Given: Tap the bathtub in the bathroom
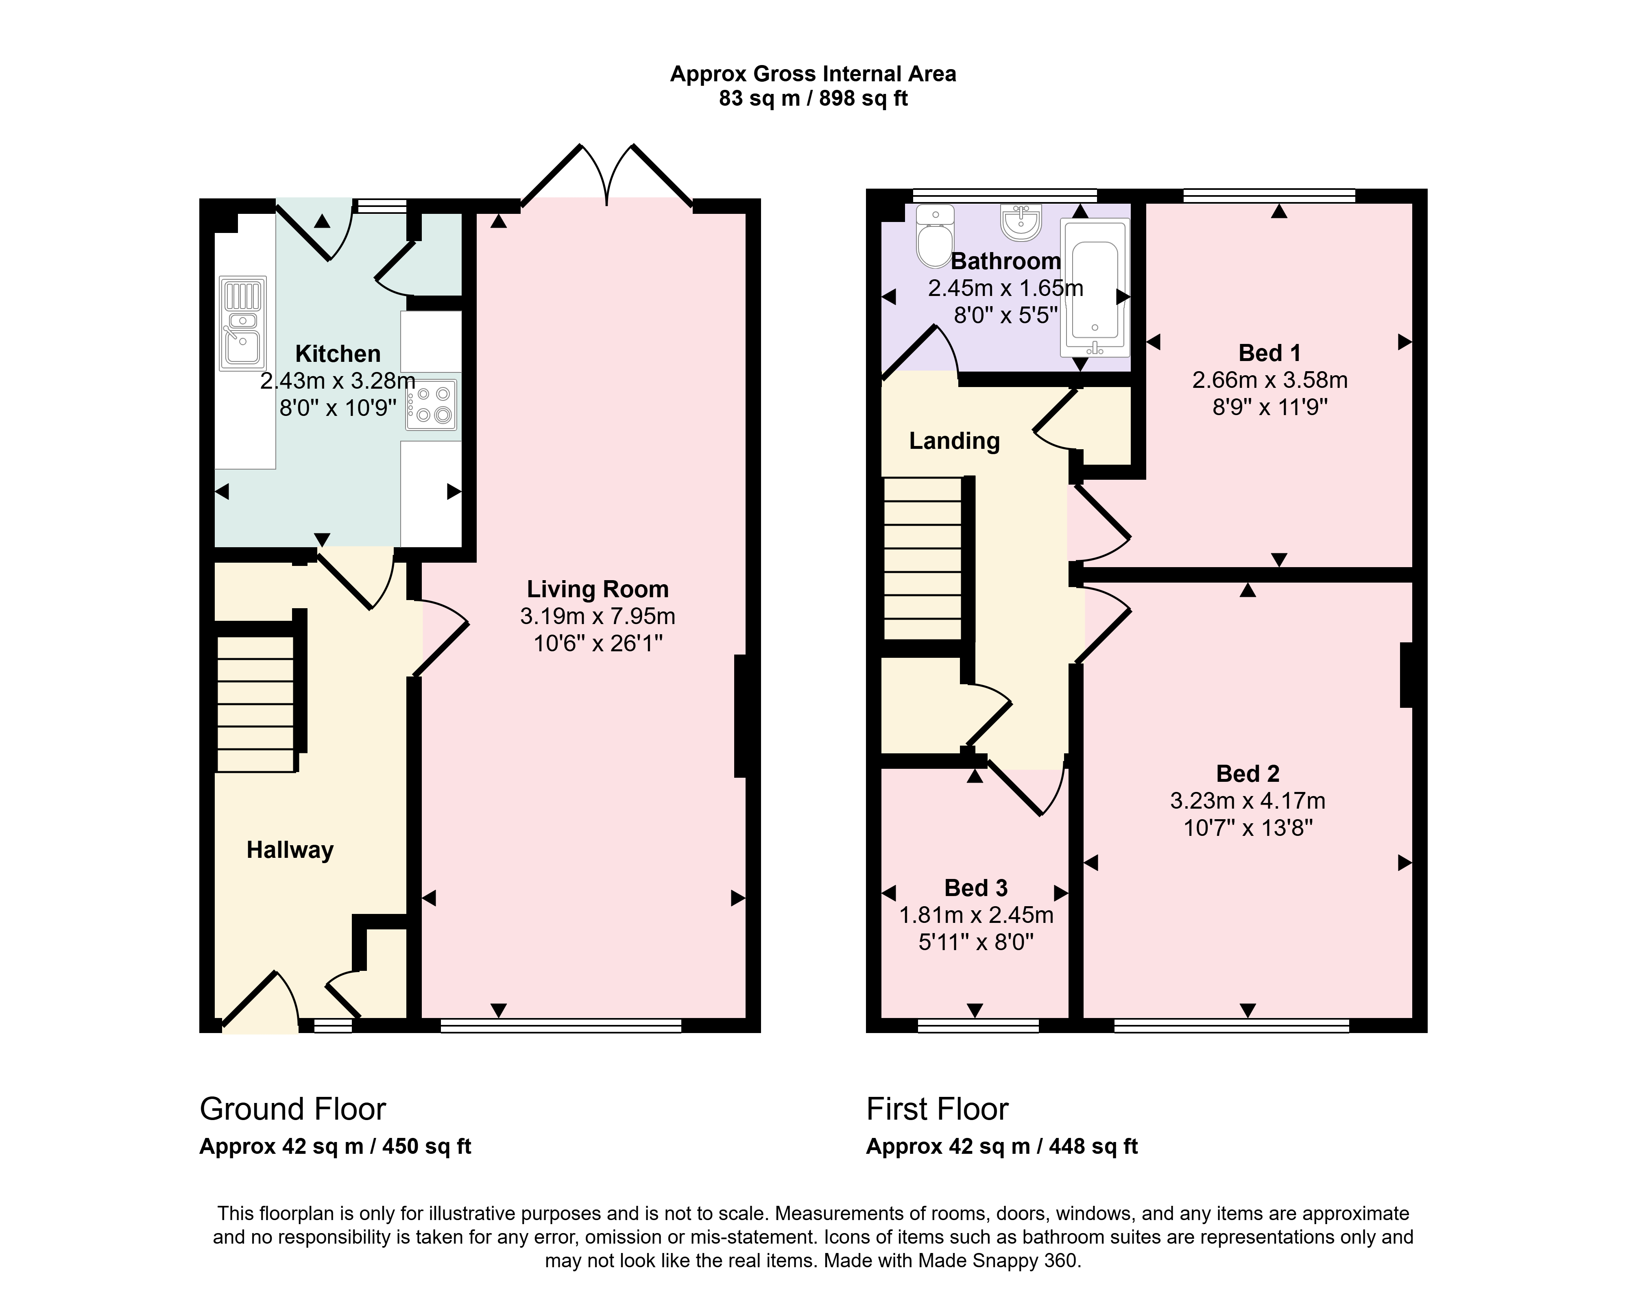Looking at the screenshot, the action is (1095, 287).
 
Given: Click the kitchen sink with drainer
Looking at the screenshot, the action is (243, 324).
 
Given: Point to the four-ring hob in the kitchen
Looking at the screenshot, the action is (431, 405).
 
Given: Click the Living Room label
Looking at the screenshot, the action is (598, 589).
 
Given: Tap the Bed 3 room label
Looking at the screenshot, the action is (976, 888).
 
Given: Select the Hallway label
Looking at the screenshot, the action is (290, 851).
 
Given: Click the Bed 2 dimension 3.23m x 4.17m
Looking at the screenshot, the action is (1248, 801).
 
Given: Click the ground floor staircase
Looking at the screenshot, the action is (256, 704).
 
